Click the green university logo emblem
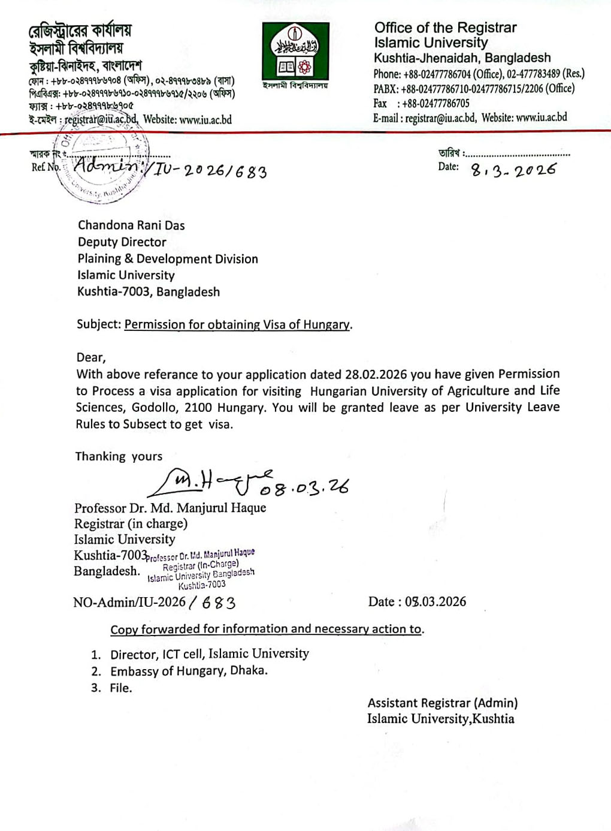pos(295,52)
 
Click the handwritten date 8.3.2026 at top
pos(513,171)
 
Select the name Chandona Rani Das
pos(131,225)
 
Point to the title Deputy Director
pos(122,242)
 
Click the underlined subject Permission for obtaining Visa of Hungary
pos(237,325)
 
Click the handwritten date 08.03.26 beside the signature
pos(304,488)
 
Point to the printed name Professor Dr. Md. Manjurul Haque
pos(170,508)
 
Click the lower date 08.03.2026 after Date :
pos(435,602)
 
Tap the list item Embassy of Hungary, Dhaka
pos(189,671)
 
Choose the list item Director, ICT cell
pos(209,654)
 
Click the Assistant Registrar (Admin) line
pos(443,703)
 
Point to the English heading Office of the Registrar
pos(445,28)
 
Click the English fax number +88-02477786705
pos(435,103)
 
